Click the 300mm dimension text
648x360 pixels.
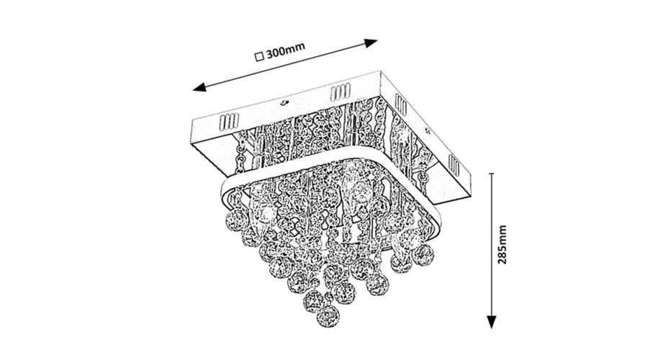tap(285, 54)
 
